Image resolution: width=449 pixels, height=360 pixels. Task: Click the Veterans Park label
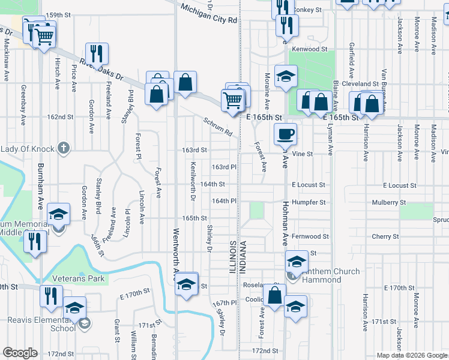tap(78, 278)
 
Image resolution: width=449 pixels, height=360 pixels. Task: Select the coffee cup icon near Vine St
tap(285, 134)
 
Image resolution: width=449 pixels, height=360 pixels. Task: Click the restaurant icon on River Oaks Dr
tap(97, 53)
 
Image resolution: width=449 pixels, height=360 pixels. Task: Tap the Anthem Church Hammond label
tap(332, 275)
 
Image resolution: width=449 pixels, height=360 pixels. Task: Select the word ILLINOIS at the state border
tap(232, 257)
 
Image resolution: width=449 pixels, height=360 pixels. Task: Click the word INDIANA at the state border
tap(244, 257)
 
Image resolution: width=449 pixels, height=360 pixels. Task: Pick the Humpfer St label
tap(309, 203)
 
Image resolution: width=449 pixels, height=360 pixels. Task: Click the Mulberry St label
tap(388, 203)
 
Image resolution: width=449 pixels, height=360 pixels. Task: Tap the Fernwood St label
tap(310, 236)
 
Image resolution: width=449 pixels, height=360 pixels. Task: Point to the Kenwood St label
tap(310, 49)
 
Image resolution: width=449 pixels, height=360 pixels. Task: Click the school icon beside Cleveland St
tap(286, 76)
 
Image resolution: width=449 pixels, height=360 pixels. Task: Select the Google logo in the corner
tap(20, 353)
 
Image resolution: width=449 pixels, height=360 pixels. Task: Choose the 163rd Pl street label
tap(224, 167)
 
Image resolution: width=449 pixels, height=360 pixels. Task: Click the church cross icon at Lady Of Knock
tap(64, 148)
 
